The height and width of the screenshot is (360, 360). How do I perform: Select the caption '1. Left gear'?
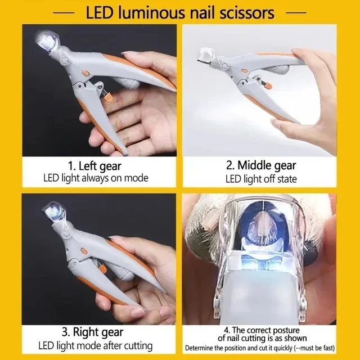(96, 166)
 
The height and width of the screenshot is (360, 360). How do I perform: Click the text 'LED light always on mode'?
(96, 178)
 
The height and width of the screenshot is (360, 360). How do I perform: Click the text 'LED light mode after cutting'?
(96, 345)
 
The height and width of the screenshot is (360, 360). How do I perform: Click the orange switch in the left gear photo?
(85, 73)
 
